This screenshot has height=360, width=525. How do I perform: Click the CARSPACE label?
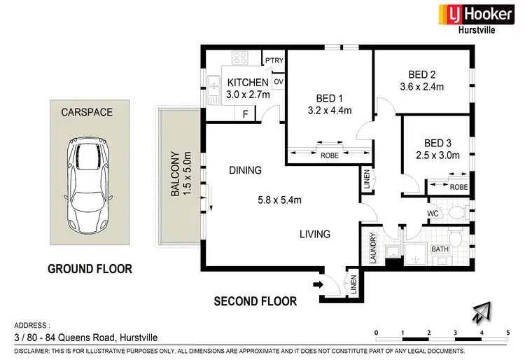(87, 111)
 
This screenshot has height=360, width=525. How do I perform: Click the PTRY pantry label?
(273, 60)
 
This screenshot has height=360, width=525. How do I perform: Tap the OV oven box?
(278, 82)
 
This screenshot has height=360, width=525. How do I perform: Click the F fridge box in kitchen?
(245, 113)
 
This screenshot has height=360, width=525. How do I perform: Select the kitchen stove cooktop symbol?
(240, 59)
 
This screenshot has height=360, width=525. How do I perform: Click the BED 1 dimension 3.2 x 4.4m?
(328, 110)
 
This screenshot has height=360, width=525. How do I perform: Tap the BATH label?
(440, 249)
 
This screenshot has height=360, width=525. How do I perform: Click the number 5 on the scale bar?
(507, 333)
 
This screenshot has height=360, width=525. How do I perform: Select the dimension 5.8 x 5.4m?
(279, 200)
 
